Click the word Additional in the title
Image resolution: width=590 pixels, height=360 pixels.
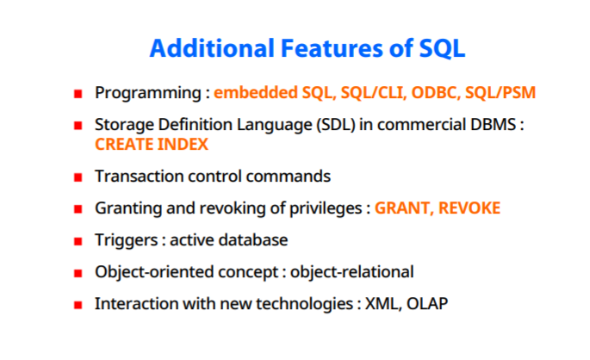pyautogui.click(x=212, y=48)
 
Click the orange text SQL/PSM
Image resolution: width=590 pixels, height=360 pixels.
pyautogui.click(x=500, y=93)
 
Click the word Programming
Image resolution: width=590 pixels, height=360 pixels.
pyautogui.click(x=148, y=93)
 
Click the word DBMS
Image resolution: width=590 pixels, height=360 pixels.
pyautogui.click(x=493, y=125)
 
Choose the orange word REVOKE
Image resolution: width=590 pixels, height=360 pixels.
pyautogui.click(x=469, y=208)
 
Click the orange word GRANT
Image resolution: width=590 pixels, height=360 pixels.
pyautogui.click(x=404, y=208)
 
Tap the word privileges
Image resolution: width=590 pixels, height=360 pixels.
pyautogui.click(x=326, y=208)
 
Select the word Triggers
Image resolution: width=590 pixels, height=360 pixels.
pyautogui.click(x=126, y=240)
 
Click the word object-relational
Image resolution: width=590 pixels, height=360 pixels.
pyautogui.click(x=351, y=272)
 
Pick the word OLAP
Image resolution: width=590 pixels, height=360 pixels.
pyautogui.click(x=427, y=304)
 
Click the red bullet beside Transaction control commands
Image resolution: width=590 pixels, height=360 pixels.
pyautogui.click(x=78, y=177)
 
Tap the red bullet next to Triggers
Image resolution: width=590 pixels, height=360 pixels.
pyautogui.click(x=78, y=241)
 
